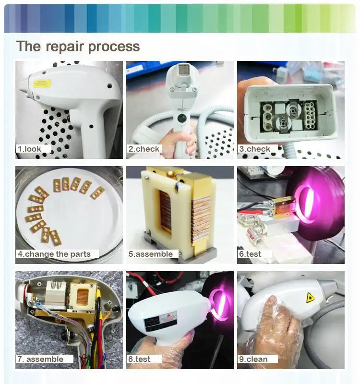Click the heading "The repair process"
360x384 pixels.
point(78,46)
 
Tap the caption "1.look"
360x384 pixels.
point(29,149)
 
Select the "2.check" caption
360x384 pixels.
point(144,149)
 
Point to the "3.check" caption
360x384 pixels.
point(255,149)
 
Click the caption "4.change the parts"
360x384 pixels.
point(54,254)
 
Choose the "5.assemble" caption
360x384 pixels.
point(151,254)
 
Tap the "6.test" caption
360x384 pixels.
point(250,254)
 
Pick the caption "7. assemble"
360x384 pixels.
point(40,359)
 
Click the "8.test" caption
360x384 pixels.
point(139,359)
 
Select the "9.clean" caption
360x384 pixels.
point(253,359)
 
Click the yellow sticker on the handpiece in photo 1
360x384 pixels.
point(42,84)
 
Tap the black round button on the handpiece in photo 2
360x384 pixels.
point(182,118)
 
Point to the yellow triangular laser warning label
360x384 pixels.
point(310,297)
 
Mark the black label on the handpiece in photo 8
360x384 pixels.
point(150,323)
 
